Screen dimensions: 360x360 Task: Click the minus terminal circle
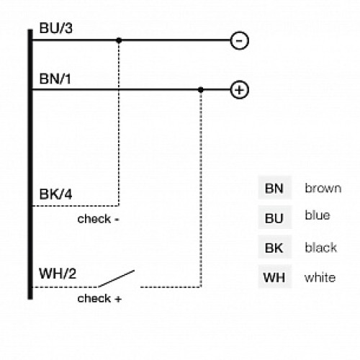click(239, 40)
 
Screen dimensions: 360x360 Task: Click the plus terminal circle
click(239, 90)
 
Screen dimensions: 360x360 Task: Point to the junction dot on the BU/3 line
click(119, 40)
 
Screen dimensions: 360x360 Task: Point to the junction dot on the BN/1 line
click(201, 90)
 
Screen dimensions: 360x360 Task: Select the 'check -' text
click(99, 219)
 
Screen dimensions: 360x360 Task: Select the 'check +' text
click(99, 298)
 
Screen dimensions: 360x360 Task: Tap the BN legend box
click(274, 189)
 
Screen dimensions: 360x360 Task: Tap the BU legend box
click(274, 218)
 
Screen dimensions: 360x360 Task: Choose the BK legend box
click(274, 248)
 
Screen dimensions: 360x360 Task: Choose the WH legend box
click(274, 277)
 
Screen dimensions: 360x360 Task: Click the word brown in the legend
click(322, 189)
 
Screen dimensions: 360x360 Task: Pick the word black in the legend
click(320, 248)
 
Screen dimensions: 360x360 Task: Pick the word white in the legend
click(319, 277)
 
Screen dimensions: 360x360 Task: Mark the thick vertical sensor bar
click(30, 166)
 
